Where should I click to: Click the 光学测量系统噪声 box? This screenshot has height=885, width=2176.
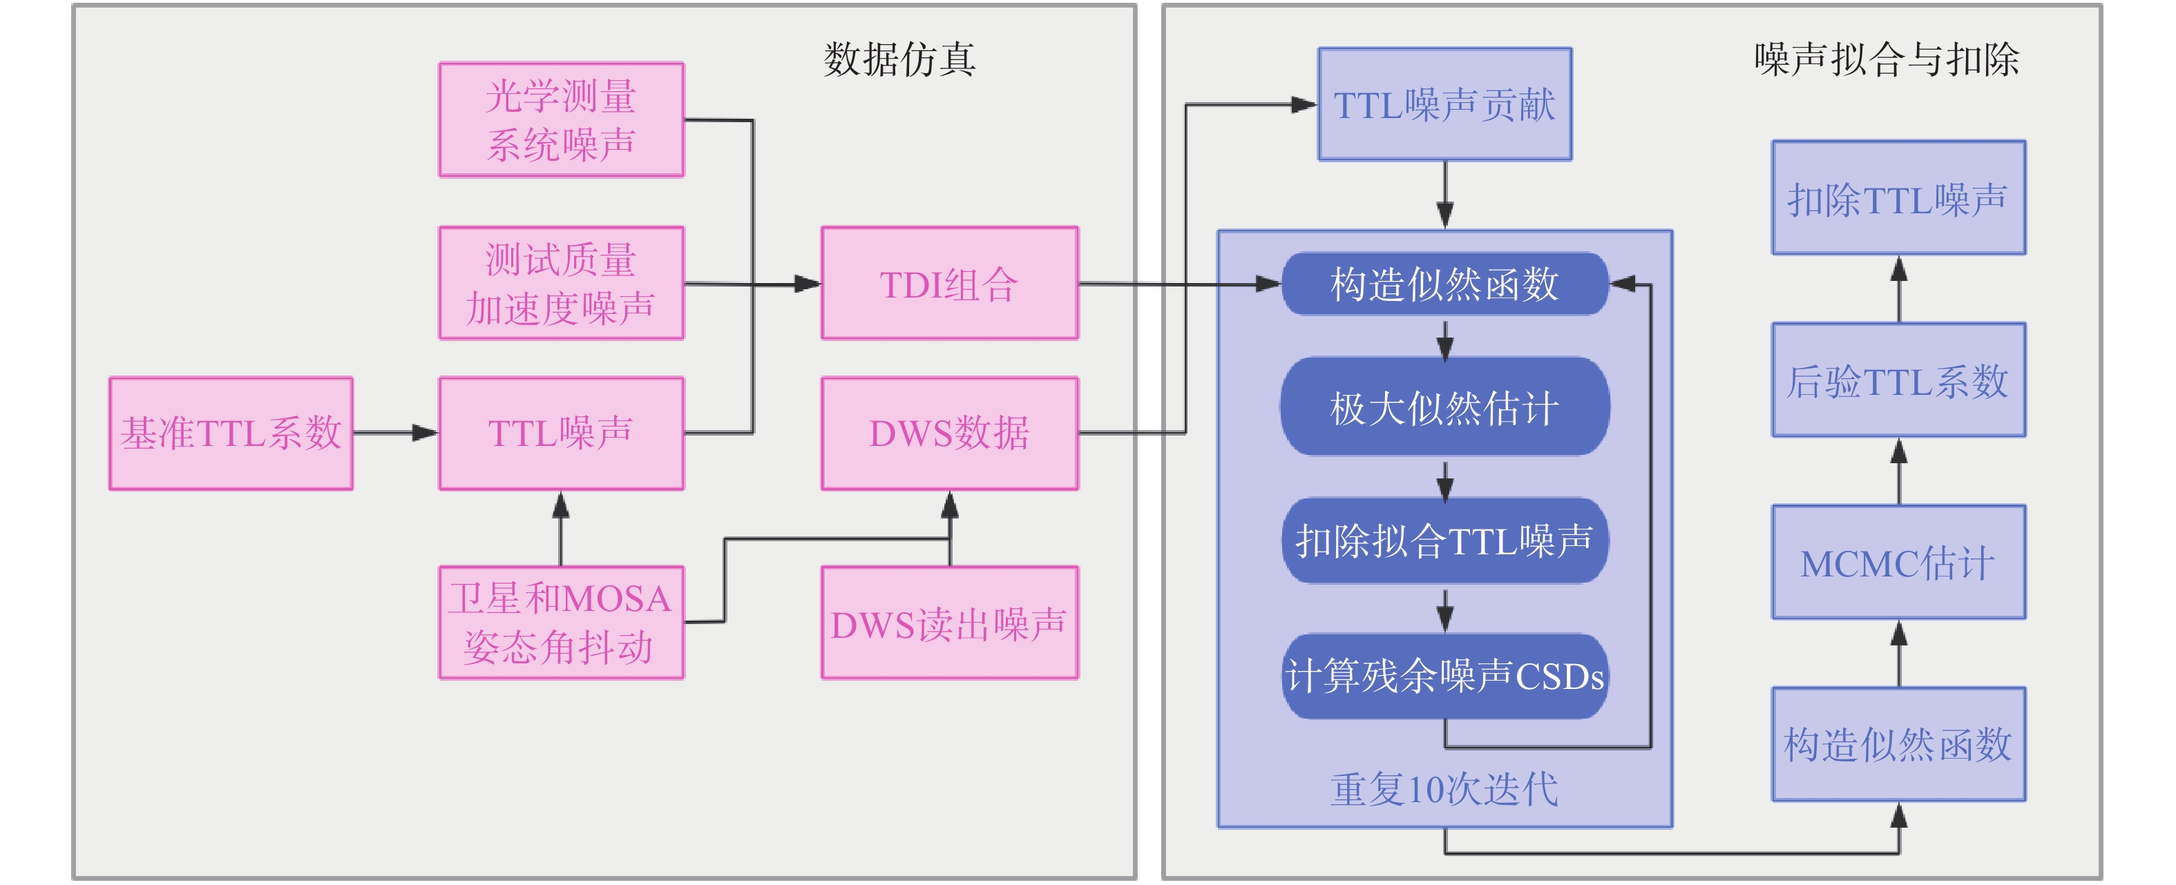[x=561, y=120]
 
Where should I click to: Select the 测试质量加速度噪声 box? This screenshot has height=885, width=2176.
[x=561, y=283]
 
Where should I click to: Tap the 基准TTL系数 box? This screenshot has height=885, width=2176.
[x=231, y=434]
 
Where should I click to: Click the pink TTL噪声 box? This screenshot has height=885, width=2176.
[x=561, y=434]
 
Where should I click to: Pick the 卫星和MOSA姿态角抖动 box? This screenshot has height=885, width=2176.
[x=561, y=623]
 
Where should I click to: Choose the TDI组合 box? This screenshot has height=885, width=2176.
[x=949, y=283]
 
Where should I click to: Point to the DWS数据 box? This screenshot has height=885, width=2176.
[x=949, y=434]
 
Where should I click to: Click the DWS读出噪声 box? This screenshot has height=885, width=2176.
[x=949, y=623]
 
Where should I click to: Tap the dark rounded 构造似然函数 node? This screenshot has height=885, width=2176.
[x=1444, y=284]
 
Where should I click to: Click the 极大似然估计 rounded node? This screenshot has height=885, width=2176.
[x=1444, y=407]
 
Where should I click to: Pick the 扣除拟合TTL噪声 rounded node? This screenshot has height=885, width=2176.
[x=1444, y=541]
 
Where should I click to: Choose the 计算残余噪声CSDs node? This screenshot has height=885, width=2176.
[x=1444, y=676]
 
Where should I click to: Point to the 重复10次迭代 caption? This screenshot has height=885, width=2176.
[x=1444, y=790]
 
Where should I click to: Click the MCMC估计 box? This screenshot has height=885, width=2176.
[x=1898, y=563]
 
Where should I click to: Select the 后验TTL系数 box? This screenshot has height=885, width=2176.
[x=1898, y=380]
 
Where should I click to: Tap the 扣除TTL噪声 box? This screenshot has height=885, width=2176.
[x=1898, y=198]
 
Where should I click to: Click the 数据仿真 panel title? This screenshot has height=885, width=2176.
[x=899, y=59]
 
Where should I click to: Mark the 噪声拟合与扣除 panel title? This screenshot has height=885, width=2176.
[x=1887, y=59]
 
